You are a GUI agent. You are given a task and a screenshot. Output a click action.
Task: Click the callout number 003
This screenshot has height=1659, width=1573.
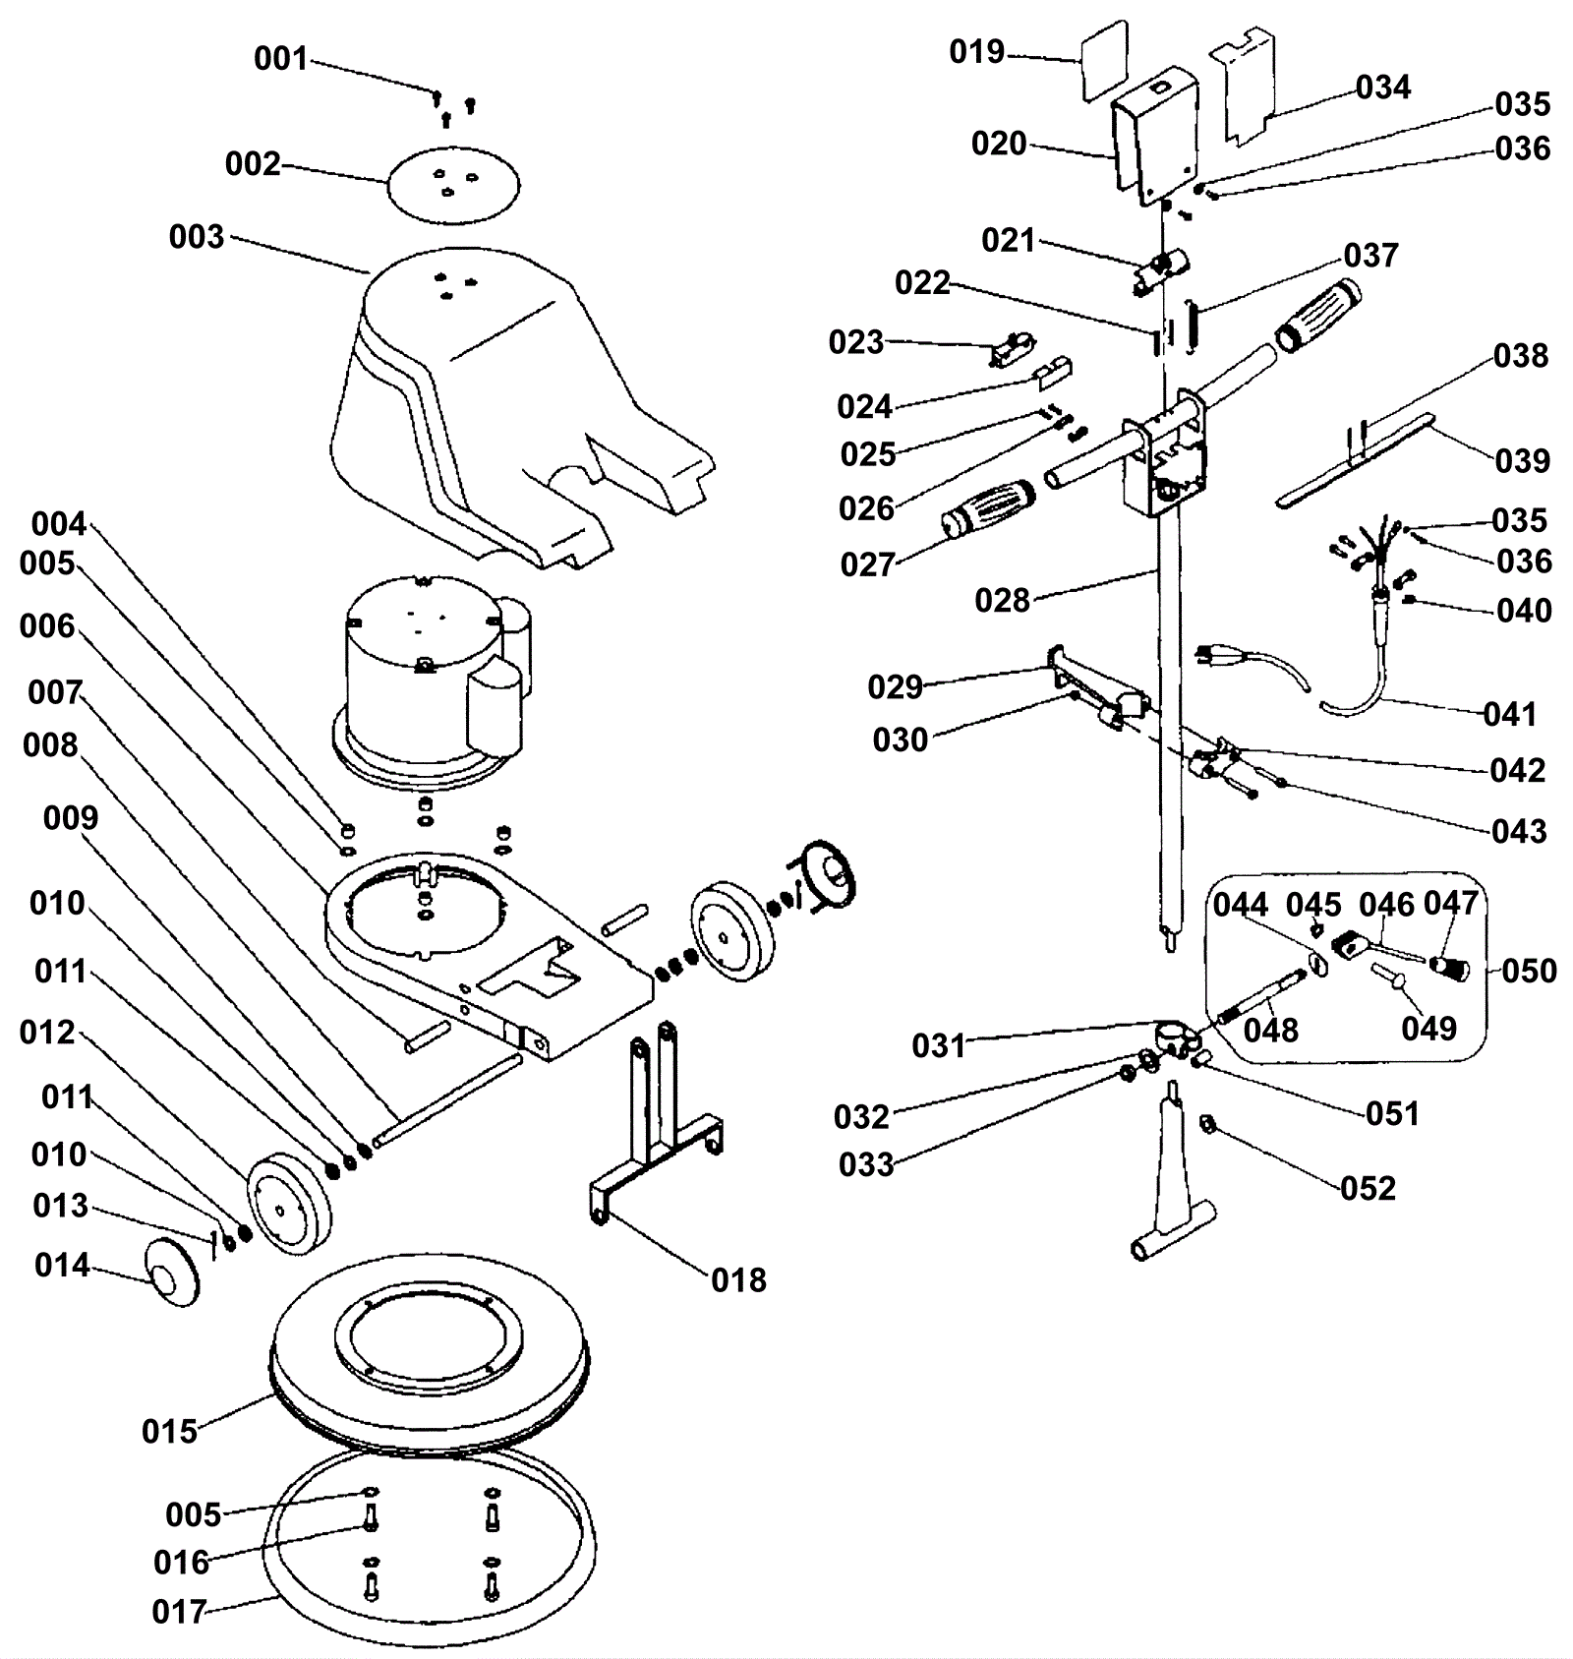pyautogui.click(x=197, y=237)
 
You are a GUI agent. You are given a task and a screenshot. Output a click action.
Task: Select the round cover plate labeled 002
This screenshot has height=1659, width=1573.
pyautogui.click(x=453, y=184)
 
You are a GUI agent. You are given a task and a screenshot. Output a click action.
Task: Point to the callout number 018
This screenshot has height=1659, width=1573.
pyautogui.click(x=738, y=1279)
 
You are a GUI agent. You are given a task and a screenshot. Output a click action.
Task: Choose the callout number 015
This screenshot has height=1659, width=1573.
pyautogui.click(x=169, y=1431)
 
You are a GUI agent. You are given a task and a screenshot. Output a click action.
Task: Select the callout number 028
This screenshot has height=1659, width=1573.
pyautogui.click(x=1002, y=600)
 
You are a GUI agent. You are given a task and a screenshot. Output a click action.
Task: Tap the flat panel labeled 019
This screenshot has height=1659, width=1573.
pyautogui.click(x=1105, y=61)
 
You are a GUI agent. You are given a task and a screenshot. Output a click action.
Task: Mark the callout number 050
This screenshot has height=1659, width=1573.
pyautogui.click(x=1529, y=971)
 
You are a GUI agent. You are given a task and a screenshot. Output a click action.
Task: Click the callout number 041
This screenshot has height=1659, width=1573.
pyautogui.click(x=1509, y=713)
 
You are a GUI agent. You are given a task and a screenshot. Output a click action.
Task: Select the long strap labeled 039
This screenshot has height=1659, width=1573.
pyautogui.click(x=1357, y=462)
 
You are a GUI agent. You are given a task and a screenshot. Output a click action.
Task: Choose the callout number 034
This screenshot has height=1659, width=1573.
pyautogui.click(x=1383, y=88)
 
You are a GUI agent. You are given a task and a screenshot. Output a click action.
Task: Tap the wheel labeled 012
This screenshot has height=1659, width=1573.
pyautogui.click(x=287, y=1205)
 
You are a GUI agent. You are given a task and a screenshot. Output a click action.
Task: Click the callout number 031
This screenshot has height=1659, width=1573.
pyautogui.click(x=939, y=1045)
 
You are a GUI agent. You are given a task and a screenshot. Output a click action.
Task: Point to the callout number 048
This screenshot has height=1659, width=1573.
pyautogui.click(x=1270, y=1030)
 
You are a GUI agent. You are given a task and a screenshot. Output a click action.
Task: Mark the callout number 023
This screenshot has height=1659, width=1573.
pyautogui.click(x=856, y=342)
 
